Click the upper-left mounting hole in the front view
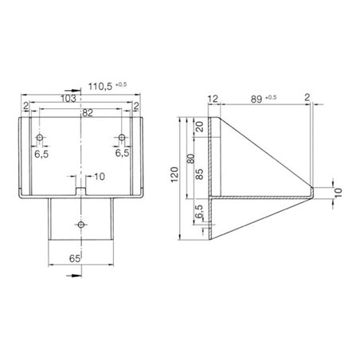click(39, 139)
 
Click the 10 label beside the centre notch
click(99, 176)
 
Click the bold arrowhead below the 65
click(73, 273)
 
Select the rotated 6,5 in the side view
click(198, 212)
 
